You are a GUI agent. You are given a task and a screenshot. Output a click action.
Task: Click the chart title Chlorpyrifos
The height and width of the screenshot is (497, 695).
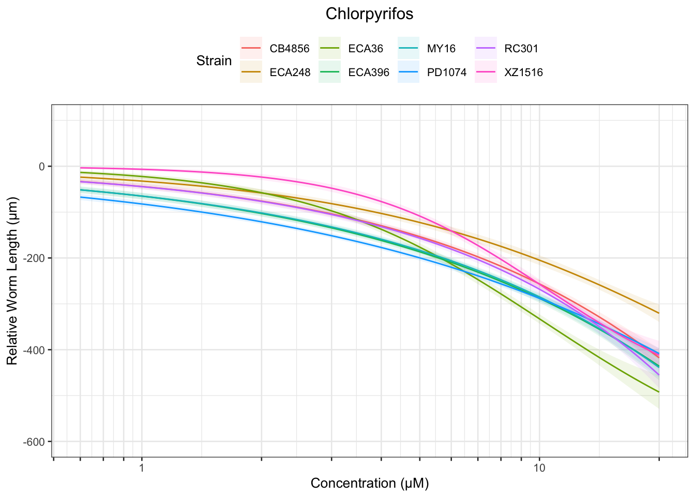pyautogui.click(x=369, y=14)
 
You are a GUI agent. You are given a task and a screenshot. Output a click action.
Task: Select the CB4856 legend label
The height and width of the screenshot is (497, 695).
pyautogui.click(x=290, y=49)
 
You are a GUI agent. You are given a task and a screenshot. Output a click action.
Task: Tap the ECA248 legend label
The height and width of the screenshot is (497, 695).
pyautogui.click(x=290, y=73)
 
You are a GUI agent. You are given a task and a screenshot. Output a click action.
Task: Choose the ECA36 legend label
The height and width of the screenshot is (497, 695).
pyautogui.click(x=366, y=49)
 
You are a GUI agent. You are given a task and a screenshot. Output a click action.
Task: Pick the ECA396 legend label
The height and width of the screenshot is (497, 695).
pyautogui.click(x=369, y=73)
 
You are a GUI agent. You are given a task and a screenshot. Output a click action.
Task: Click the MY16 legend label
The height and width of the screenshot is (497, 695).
pyautogui.click(x=441, y=49)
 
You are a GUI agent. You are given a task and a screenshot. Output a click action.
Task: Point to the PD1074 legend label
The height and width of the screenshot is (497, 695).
pyautogui.click(x=447, y=73)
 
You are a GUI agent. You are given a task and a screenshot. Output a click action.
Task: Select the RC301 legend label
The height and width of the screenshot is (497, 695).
pyautogui.click(x=521, y=49)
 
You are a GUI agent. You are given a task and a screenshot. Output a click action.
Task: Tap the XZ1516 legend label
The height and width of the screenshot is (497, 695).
pyautogui.click(x=524, y=73)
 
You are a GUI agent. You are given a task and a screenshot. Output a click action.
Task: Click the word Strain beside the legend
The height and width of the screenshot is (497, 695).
pyautogui.click(x=214, y=61)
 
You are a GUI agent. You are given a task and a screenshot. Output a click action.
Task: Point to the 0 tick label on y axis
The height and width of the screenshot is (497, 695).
pyautogui.click(x=42, y=167)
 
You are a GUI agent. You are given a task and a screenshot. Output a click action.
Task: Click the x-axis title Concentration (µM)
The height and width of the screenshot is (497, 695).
pyautogui.click(x=370, y=484)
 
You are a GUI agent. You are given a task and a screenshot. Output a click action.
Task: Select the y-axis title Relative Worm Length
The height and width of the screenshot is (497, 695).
pyautogui.click(x=12, y=281)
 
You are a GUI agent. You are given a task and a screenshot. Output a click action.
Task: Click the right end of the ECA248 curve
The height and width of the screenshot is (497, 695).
pyautogui.click(x=658, y=313)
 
